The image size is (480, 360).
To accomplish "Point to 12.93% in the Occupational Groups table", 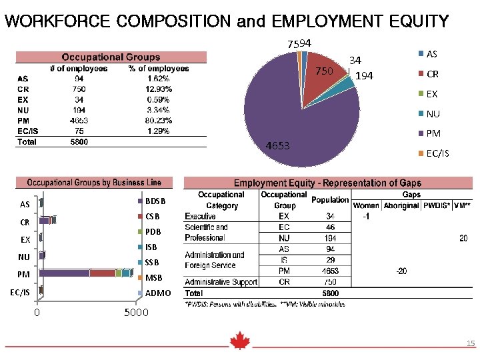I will coord(159,89).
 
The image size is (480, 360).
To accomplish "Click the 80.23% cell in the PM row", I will coord(159,121).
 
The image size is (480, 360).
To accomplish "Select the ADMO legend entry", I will coord(157,293).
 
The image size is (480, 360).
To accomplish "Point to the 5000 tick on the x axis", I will coord(135,313).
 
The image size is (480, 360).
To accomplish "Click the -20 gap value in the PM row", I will coord(401,271).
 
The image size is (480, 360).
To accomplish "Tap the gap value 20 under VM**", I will coord(463,237).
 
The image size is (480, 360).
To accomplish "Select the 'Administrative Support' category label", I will coord(221,282).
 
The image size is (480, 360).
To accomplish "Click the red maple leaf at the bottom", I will coord(239,341).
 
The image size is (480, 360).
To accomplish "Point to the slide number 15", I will coord(471,344).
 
